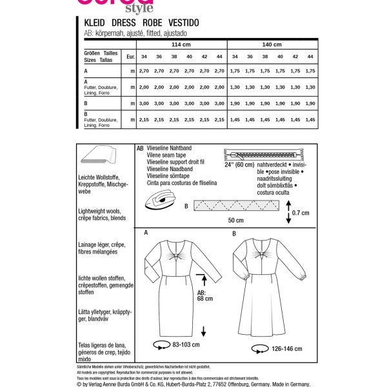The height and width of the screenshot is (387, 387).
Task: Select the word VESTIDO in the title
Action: click(x=181, y=23)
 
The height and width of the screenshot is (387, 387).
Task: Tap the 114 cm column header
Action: click(x=181, y=45)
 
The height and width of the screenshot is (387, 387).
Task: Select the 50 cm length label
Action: click(x=233, y=221)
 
